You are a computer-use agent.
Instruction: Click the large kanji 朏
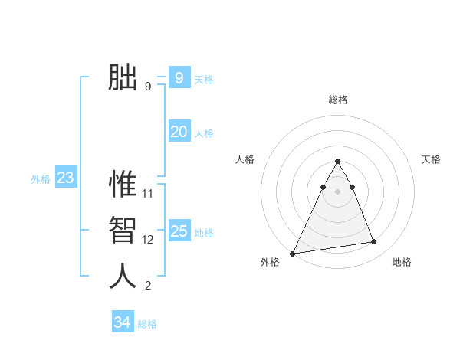pos(123,77)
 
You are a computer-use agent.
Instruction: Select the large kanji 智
pos(123,230)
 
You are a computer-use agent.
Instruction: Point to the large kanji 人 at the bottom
pos(123,276)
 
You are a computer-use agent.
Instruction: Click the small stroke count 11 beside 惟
pos(148,194)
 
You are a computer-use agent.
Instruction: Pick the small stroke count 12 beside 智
pos(148,240)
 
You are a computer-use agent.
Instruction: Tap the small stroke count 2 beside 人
pos(148,286)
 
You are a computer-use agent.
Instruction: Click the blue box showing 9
pos(179,77)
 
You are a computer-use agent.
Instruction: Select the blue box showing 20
pos(179,132)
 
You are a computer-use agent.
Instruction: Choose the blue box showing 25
pos(179,231)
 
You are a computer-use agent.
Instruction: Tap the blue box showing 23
pos(65,178)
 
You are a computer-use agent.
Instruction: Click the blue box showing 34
pos(122,322)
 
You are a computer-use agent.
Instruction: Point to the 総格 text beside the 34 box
pos(147,324)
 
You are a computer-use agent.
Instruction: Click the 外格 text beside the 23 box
pos(41,179)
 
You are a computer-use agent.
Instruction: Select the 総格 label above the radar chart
pos(338,100)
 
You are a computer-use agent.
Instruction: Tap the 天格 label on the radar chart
pos(431,159)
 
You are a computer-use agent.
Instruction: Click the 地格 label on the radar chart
pos(402,262)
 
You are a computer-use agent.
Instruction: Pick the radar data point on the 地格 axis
pos(374,242)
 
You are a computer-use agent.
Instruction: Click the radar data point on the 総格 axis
pos(337,161)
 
